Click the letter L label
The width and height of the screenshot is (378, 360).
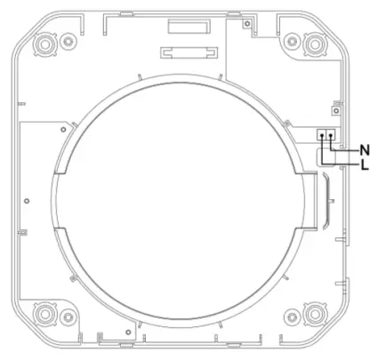tap(364, 164)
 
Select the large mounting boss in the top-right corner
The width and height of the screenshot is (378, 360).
tap(313, 43)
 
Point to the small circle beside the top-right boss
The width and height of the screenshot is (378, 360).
tap(291, 40)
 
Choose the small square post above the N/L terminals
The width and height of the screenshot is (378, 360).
tap(335, 110)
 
